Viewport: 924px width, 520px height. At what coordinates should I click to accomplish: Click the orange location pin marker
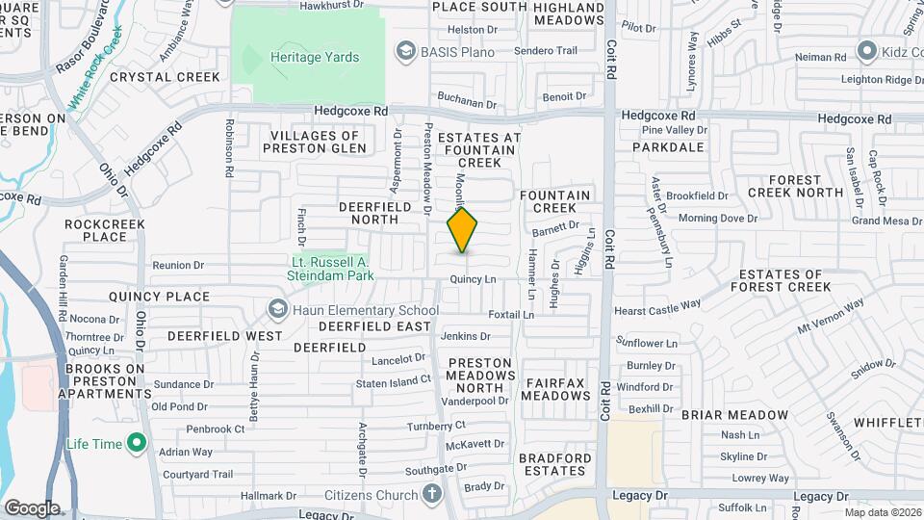pyautogui.click(x=463, y=230)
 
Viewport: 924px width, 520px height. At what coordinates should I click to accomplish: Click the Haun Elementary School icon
pyautogui.click(x=278, y=310)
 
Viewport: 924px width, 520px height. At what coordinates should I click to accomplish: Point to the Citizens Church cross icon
pyautogui.click(x=432, y=495)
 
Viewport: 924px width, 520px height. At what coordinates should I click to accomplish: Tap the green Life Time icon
pyautogui.click(x=137, y=443)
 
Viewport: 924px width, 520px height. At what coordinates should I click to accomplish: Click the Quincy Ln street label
pyautogui.click(x=473, y=279)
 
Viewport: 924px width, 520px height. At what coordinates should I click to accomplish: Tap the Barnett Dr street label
pyautogui.click(x=555, y=228)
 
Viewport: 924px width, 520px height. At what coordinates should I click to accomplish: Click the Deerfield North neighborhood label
pyautogui.click(x=368, y=213)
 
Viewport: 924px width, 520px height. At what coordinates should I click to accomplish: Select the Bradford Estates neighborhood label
pyautogui.click(x=552, y=464)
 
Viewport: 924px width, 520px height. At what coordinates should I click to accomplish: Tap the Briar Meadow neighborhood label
pyautogui.click(x=734, y=415)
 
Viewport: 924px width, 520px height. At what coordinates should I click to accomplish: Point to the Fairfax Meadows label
pyautogui.click(x=556, y=389)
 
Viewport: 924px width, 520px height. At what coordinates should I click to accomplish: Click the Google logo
pyautogui.click(x=32, y=507)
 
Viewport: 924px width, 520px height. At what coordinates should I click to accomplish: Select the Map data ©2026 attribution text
pyautogui.click(x=882, y=512)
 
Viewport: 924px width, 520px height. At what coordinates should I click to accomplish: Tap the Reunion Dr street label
pyautogui.click(x=179, y=265)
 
